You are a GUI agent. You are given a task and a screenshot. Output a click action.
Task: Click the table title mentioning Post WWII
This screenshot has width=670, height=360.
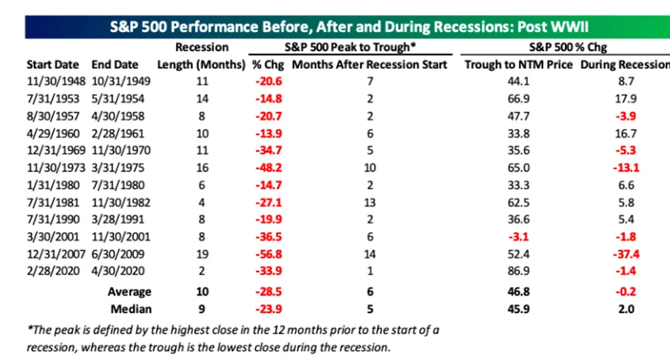(x=349, y=27)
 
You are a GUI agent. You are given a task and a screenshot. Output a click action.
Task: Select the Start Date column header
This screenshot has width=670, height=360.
(x=52, y=64)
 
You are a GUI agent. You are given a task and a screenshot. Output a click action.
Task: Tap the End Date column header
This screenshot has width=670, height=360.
(x=115, y=64)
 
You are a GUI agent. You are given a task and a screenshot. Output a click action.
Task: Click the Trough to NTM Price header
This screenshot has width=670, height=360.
(x=518, y=64)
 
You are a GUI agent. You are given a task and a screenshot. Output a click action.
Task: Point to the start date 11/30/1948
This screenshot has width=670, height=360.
(x=56, y=81)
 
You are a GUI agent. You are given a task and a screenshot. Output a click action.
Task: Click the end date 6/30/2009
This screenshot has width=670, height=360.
(x=118, y=254)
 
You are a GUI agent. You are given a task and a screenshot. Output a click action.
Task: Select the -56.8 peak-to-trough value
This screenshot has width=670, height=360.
(x=268, y=254)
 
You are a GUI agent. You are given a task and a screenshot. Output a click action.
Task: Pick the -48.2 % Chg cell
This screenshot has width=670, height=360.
(x=268, y=167)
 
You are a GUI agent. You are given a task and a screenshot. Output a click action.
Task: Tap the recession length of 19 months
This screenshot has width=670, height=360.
(x=202, y=254)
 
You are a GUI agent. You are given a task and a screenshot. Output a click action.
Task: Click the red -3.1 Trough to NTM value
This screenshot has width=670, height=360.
(x=518, y=237)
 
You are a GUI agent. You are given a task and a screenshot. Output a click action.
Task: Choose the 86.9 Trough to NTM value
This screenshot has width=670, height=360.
(x=518, y=271)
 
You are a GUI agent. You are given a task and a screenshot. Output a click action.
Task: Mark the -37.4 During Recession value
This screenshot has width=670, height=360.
(x=626, y=254)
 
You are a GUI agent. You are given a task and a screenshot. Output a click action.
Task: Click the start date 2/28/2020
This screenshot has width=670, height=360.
(x=53, y=271)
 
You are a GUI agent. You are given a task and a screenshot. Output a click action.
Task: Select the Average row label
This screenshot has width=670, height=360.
(x=130, y=292)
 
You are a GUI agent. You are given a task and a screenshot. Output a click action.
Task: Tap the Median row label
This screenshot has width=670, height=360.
(x=130, y=309)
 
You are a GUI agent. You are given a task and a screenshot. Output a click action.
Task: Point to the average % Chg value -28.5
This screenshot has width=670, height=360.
(x=268, y=292)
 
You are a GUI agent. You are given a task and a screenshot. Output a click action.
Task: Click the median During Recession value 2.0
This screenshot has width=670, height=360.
(x=626, y=309)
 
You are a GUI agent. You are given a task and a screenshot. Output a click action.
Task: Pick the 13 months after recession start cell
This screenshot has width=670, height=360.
(x=369, y=203)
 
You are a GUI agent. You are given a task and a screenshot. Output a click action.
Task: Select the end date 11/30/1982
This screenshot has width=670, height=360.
(x=121, y=203)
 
